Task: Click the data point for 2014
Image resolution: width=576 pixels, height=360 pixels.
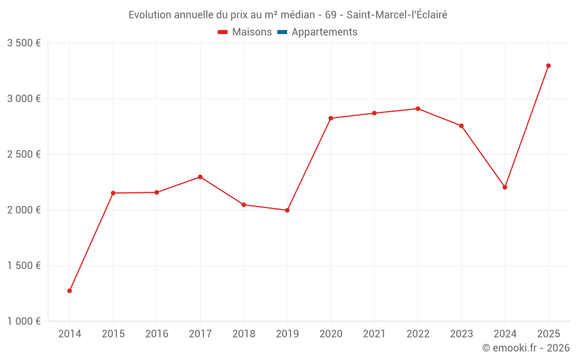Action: (70, 291)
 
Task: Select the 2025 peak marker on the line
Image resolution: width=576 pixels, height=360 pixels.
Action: (548, 66)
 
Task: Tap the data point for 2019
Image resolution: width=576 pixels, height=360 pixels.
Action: (287, 210)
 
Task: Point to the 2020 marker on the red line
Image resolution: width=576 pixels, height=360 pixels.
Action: (331, 118)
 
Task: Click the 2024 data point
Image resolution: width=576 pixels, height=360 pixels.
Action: (505, 187)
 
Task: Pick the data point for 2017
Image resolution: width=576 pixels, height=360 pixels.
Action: (200, 177)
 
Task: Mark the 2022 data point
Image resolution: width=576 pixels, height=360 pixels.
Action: (418, 109)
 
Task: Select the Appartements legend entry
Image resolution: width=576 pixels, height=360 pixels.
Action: (324, 32)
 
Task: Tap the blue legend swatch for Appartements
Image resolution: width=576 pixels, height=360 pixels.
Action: (282, 32)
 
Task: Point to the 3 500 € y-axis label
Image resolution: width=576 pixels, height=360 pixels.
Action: (24, 43)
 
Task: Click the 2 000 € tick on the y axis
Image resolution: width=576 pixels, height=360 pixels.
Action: (24, 210)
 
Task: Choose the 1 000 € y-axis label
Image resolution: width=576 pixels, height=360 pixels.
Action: (24, 321)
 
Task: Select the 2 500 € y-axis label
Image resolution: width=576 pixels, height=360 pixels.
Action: (24, 154)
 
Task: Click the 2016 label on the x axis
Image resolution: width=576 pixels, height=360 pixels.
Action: (157, 334)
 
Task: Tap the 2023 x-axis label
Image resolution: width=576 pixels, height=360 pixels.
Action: (461, 334)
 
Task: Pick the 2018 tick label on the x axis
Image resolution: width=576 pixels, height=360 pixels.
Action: (244, 334)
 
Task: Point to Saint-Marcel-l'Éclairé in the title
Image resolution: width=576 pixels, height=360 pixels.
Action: (397, 15)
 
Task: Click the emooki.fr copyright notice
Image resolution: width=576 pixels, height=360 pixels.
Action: (526, 348)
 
